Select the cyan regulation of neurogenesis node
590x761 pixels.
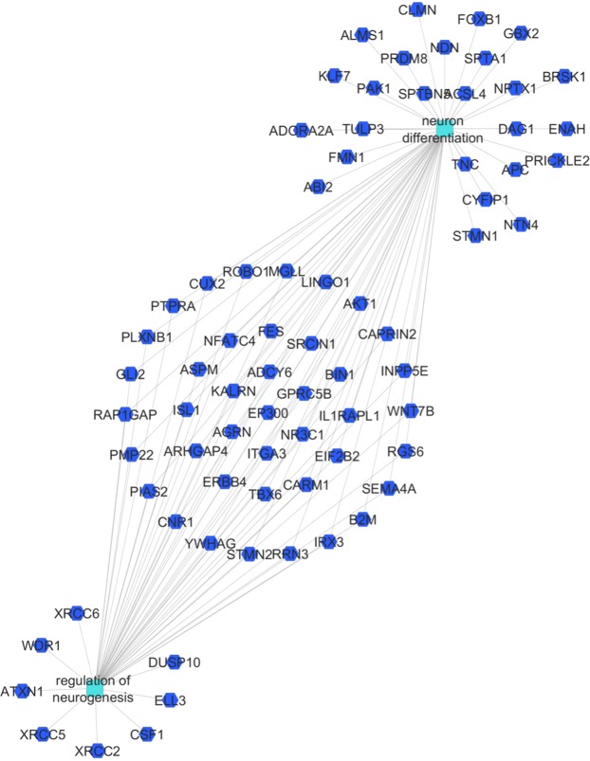click(93, 689)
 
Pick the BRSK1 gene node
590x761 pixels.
click(563, 77)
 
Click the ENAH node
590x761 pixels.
click(567, 129)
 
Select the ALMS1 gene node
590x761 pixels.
click(363, 35)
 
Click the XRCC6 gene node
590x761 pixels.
click(78, 614)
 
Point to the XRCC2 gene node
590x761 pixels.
click(97, 751)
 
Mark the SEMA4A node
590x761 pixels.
click(389, 488)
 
